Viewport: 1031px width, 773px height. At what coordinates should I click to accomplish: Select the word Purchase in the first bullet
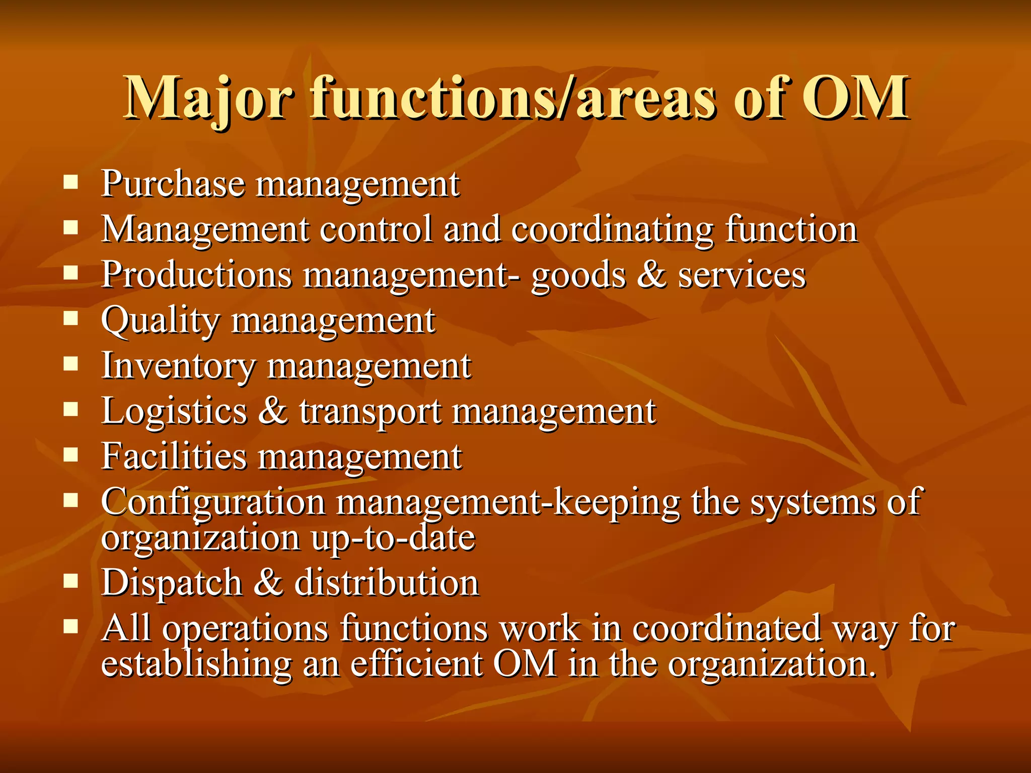pos(173,184)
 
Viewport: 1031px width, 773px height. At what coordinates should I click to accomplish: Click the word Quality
pos(160,321)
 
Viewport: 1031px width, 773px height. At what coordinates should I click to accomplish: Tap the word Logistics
pos(174,412)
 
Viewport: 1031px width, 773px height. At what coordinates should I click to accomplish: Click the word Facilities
pos(174,457)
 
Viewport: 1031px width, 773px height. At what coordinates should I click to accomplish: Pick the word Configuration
pos(213,502)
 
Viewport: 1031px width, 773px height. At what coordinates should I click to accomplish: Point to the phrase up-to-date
pos(393,538)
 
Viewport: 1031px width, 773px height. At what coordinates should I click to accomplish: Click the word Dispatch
pos(172,583)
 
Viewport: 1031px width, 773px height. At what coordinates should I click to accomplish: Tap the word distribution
pos(386,583)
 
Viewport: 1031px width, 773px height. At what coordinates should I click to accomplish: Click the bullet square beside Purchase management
pos(71,182)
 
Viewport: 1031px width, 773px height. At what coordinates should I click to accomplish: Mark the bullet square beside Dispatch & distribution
pos(71,581)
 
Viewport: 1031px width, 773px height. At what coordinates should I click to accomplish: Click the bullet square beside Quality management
pos(71,319)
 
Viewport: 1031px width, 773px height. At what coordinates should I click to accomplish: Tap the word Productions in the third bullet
pos(196,275)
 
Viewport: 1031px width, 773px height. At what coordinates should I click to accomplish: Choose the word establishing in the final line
pos(196,664)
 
